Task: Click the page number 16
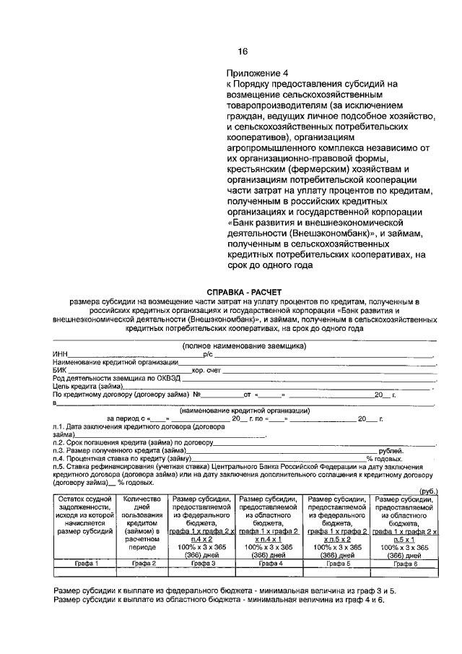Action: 243,51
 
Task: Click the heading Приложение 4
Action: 257,74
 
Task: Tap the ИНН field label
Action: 60,354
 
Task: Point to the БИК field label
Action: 59,369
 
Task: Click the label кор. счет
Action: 206,369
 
